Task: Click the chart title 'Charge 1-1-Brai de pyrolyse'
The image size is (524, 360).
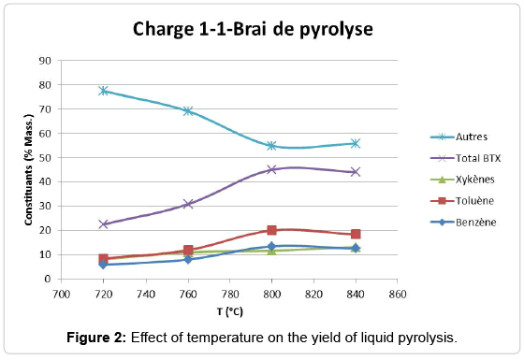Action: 253,30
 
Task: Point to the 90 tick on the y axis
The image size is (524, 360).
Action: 44,61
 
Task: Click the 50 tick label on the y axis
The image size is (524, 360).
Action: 44,158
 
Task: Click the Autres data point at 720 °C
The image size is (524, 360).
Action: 104,91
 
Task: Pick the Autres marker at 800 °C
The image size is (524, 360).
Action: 271,146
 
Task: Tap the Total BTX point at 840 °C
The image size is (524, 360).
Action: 355,172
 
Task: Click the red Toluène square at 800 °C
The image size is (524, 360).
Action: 271,230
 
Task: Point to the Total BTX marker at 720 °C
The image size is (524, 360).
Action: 104,224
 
